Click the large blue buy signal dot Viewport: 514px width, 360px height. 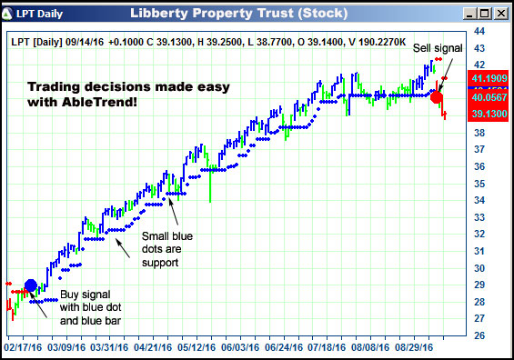pos(30,285)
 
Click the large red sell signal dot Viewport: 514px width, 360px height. pos(437,96)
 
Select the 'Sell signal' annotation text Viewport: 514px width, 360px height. pos(438,47)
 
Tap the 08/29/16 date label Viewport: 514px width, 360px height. pos(416,347)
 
